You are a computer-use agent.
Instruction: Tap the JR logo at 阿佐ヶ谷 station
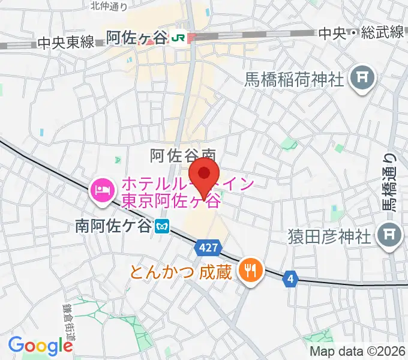pos(178,38)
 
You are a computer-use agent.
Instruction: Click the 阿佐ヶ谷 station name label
pos(136,38)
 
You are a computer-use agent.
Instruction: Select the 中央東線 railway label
pos(65,42)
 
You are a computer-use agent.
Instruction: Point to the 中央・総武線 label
pos(361,33)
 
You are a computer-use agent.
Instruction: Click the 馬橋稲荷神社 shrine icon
pos(362,77)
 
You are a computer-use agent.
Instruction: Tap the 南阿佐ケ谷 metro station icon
pos(162,226)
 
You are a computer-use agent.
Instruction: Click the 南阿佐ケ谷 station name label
pos(113,226)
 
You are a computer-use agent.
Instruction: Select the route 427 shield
pos(209,247)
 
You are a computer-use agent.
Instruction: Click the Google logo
pos(40,346)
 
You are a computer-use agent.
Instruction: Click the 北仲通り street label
pos(109,5)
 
